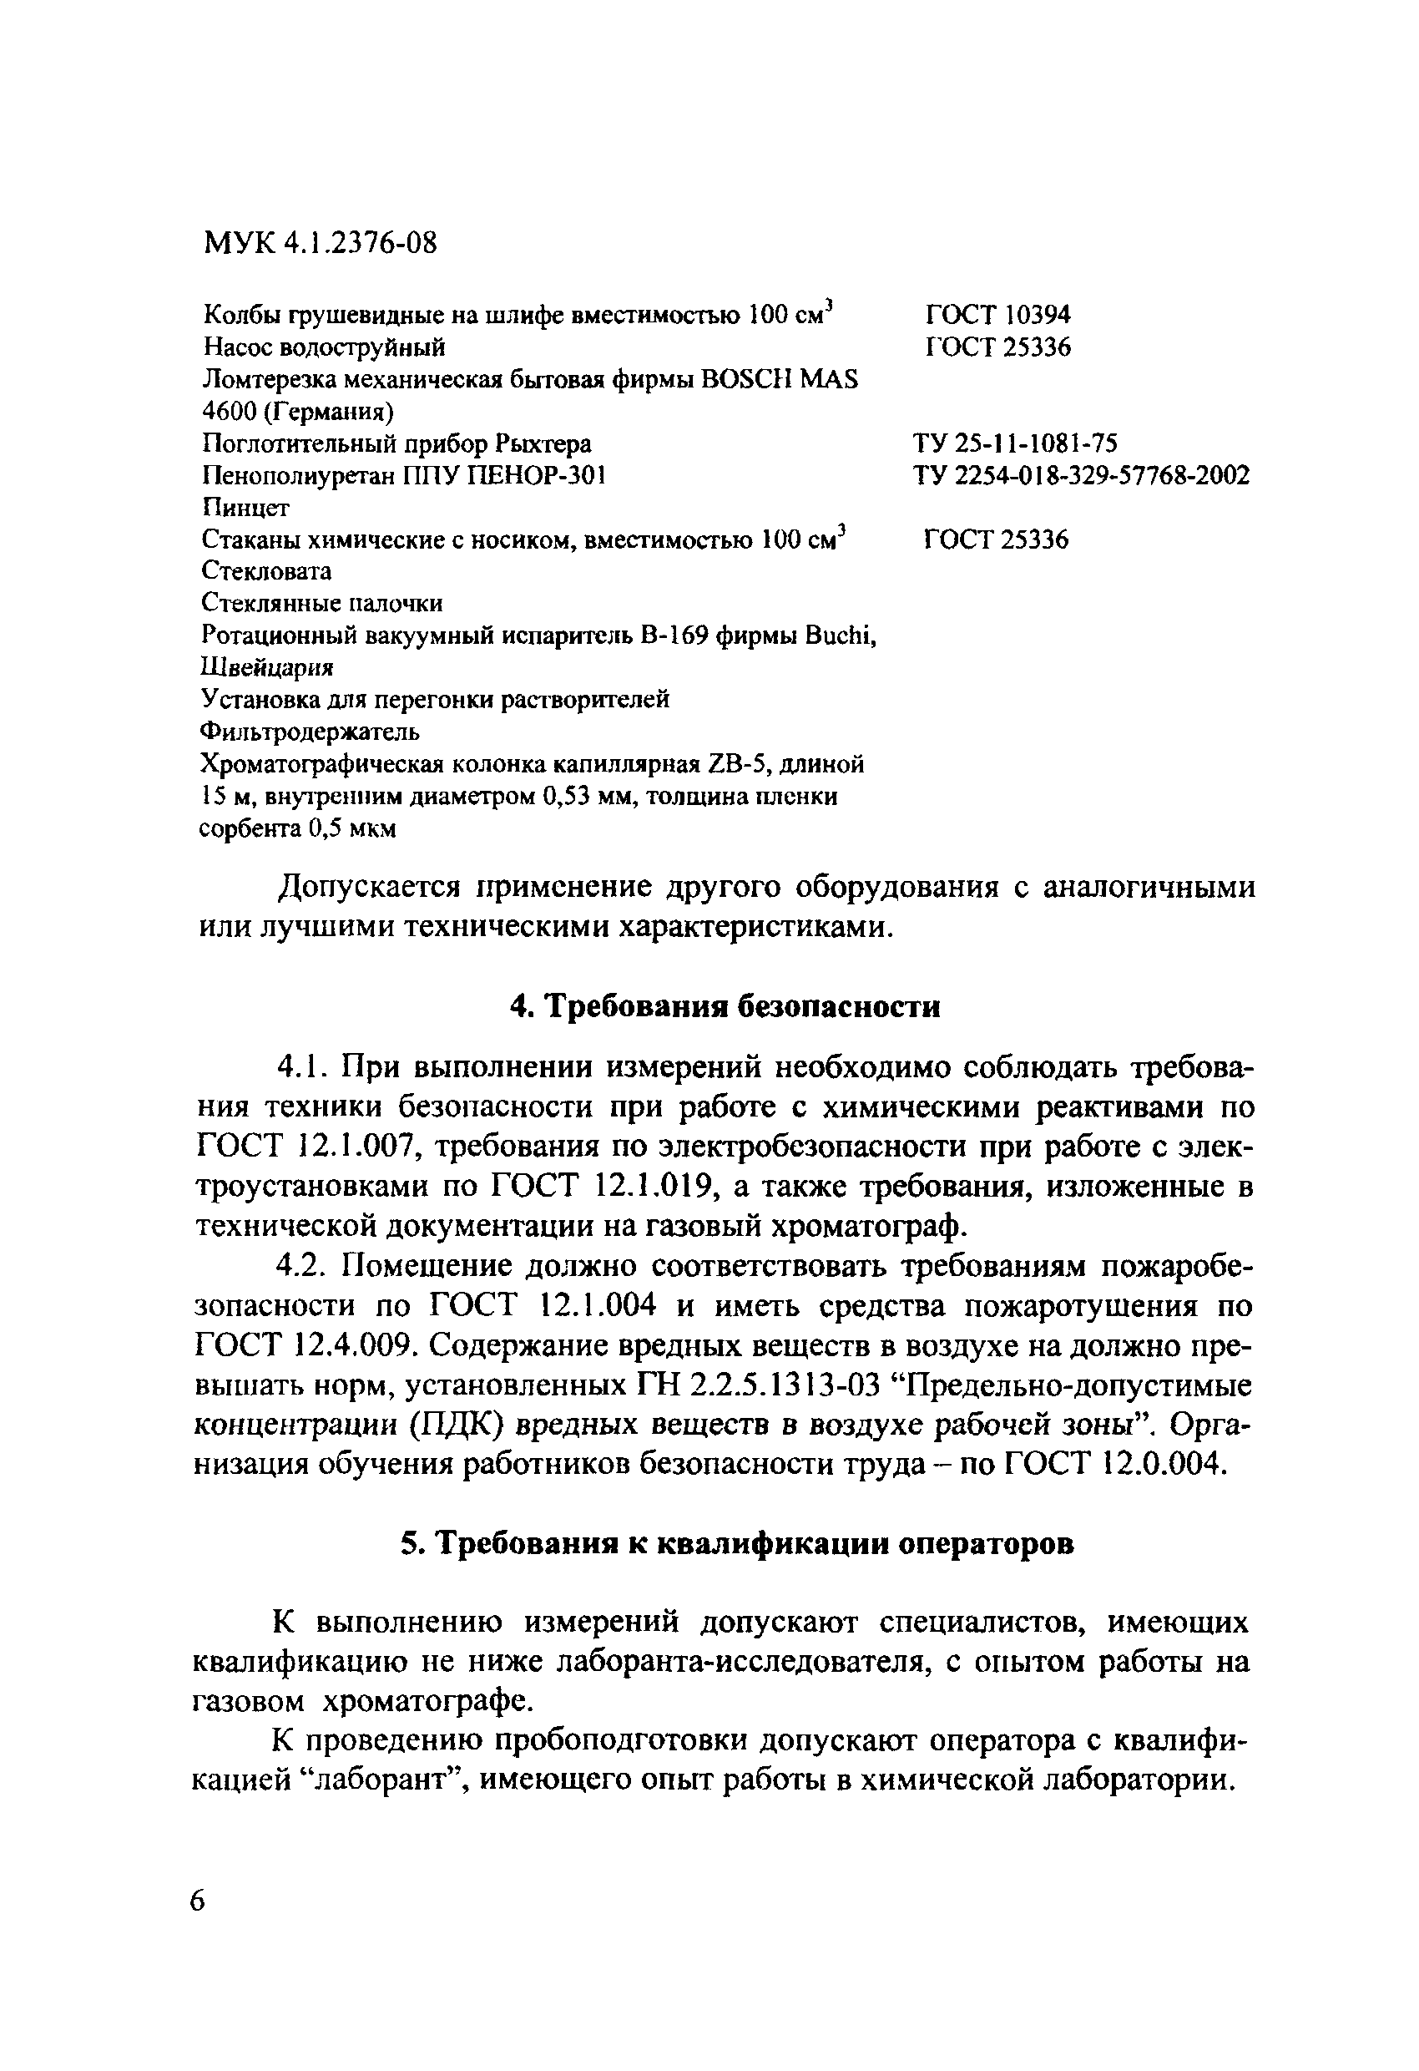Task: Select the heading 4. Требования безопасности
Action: [x=725, y=1006]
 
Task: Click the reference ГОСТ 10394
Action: [x=997, y=315]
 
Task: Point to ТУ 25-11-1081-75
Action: [x=1015, y=443]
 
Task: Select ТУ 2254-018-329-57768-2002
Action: [x=1080, y=475]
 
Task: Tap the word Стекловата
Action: [x=266, y=570]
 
